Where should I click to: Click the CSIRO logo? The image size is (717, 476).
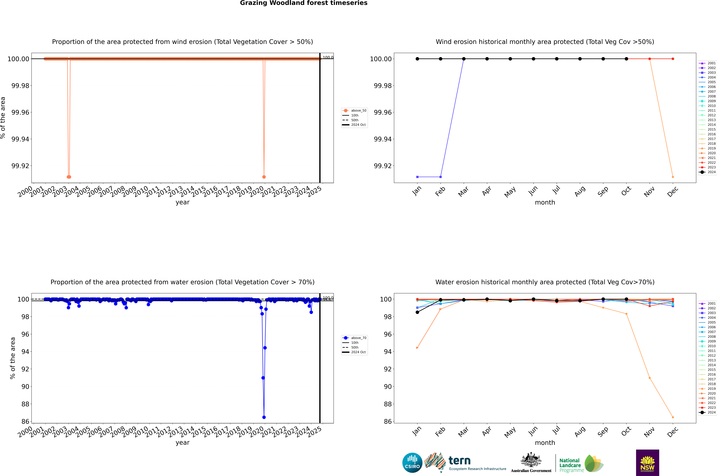pyautogui.click(x=412, y=463)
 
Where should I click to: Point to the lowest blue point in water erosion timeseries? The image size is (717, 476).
pyautogui.click(x=264, y=417)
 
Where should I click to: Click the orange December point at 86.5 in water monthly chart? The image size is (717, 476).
pyautogui.click(x=673, y=417)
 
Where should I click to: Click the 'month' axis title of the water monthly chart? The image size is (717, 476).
pyautogui.click(x=545, y=443)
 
